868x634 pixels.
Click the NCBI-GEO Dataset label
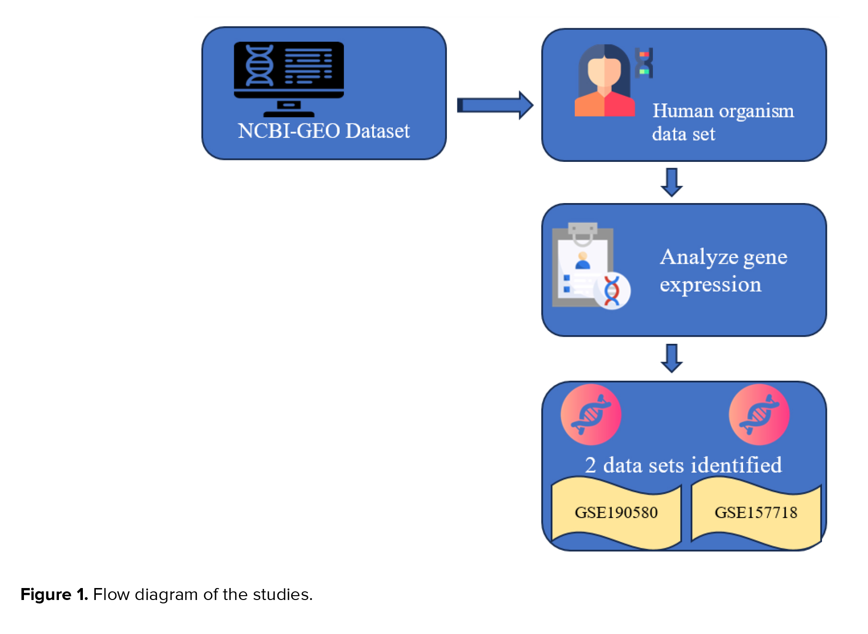pos(324,131)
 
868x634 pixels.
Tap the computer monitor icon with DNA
pos(289,78)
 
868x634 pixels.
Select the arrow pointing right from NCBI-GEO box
pos(495,105)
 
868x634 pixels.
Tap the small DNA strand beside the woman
pos(644,63)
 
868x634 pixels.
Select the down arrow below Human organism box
pos(672,182)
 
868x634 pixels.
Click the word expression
pos(710,285)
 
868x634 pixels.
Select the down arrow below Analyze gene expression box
pos(672,358)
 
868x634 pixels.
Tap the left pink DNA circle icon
pos(591,415)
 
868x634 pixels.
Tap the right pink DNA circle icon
pos(759,415)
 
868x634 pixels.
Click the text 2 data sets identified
pos(683,465)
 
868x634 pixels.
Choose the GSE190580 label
pos(616,513)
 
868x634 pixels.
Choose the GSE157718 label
pos(756,513)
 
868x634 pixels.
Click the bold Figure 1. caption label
pos(54,594)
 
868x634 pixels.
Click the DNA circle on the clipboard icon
pos(612,291)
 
